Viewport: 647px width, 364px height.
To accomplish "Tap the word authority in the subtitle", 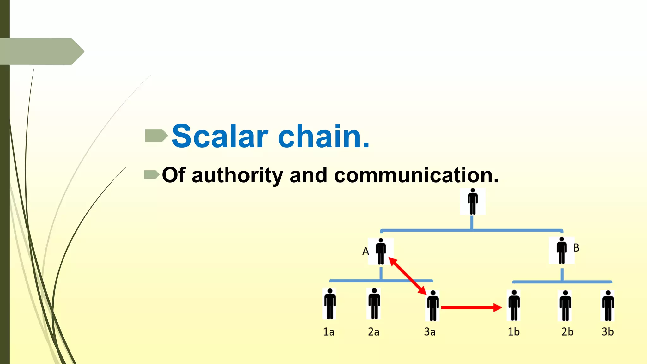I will [x=237, y=175].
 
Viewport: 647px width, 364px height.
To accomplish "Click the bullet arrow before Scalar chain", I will [x=156, y=136].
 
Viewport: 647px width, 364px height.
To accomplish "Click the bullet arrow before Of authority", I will [x=151, y=174].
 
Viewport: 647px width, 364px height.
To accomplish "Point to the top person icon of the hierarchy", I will [x=473, y=202].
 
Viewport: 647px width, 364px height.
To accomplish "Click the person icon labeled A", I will [x=381, y=252].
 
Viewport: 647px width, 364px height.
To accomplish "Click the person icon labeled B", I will [x=562, y=250].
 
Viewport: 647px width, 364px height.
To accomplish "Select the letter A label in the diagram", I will [x=366, y=252].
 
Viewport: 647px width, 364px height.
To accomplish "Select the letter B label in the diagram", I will [x=576, y=248].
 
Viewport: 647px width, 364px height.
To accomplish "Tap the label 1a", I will [x=329, y=332].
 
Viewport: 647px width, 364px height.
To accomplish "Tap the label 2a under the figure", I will [x=373, y=332].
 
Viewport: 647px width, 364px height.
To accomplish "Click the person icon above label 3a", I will [x=433, y=306].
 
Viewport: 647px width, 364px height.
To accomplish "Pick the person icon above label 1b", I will [x=514, y=305].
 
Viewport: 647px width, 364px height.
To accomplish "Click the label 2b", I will [x=567, y=332].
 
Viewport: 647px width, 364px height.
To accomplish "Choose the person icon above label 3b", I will [x=608, y=306].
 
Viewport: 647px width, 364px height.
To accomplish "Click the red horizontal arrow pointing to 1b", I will [x=471, y=307].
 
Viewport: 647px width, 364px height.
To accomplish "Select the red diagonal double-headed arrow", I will [x=408, y=276].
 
